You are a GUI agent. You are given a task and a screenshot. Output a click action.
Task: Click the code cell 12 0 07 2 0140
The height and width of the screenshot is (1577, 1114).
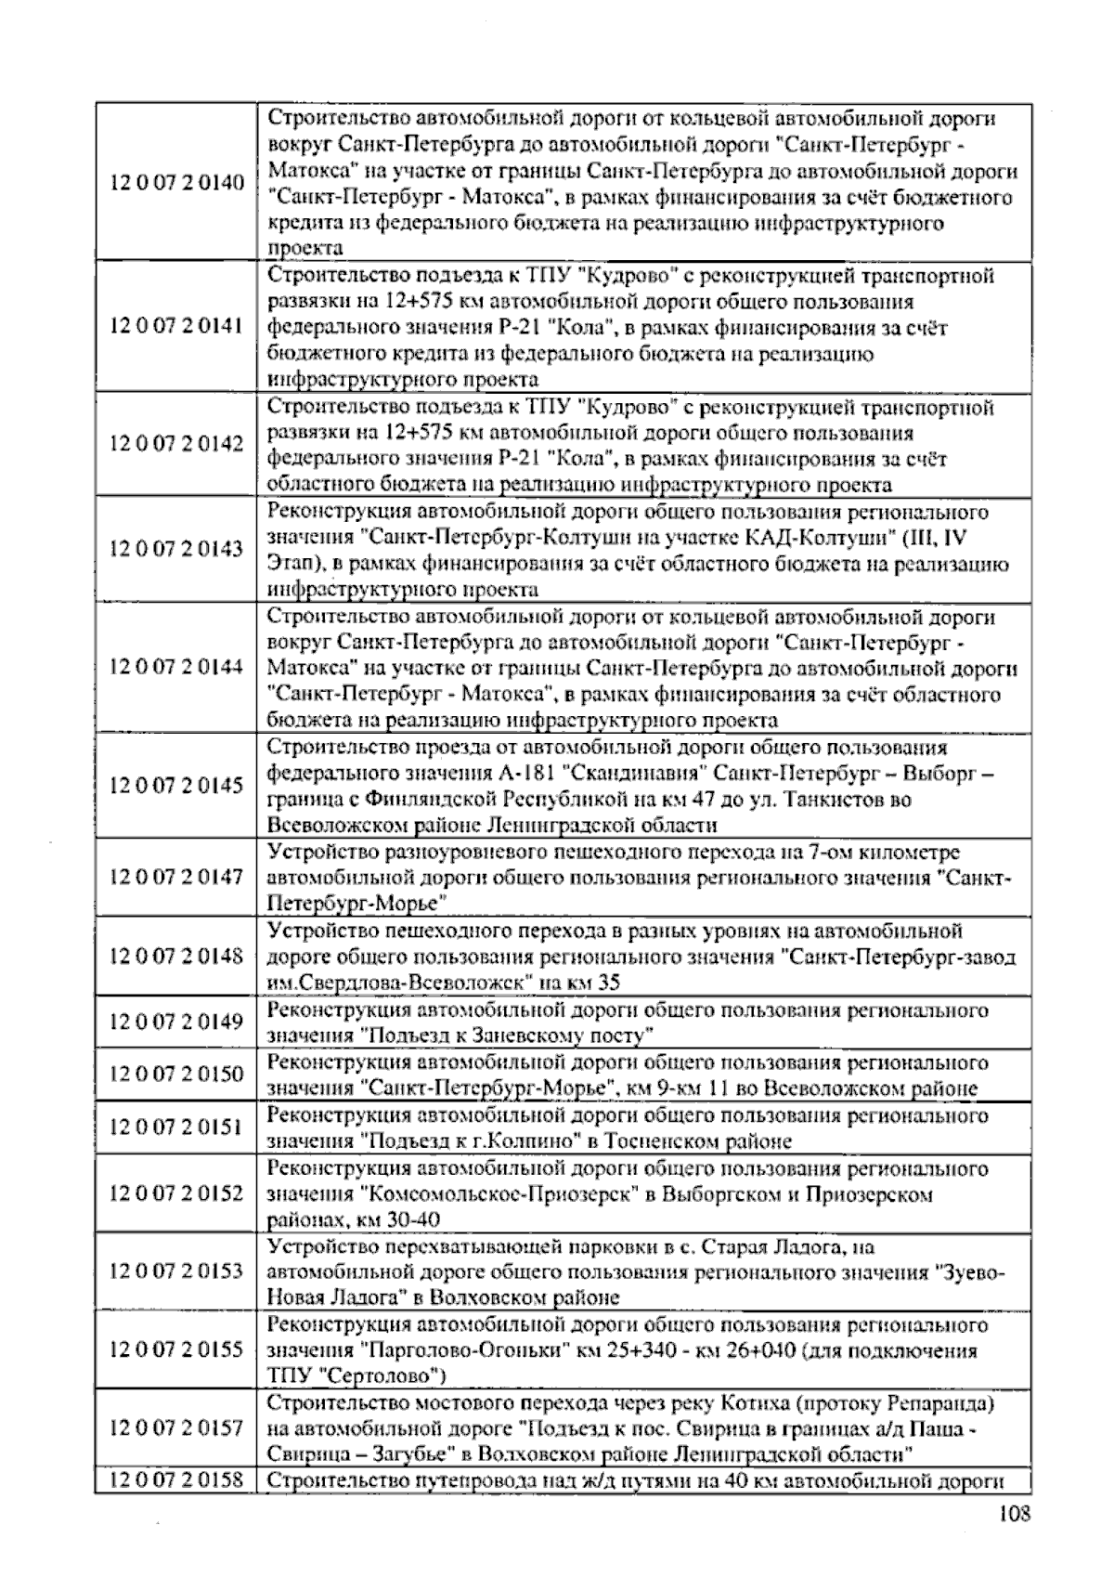click(176, 183)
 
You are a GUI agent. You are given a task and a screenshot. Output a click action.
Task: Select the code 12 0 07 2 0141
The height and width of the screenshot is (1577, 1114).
click(176, 327)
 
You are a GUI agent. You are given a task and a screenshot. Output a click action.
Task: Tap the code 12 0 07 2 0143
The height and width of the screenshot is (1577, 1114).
click(176, 549)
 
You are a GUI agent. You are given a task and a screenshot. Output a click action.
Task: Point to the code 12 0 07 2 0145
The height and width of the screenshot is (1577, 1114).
click(176, 786)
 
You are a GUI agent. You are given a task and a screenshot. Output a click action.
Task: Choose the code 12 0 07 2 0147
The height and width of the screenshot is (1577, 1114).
click(176, 877)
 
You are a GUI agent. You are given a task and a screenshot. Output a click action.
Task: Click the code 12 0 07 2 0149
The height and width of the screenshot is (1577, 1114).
click(176, 1023)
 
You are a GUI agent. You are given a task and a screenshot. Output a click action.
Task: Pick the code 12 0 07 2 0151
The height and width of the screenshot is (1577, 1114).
click(176, 1127)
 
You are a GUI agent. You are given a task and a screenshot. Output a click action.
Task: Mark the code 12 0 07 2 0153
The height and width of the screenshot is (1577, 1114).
click(176, 1271)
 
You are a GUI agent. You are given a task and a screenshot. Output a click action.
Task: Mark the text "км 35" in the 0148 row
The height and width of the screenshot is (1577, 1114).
click(597, 983)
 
